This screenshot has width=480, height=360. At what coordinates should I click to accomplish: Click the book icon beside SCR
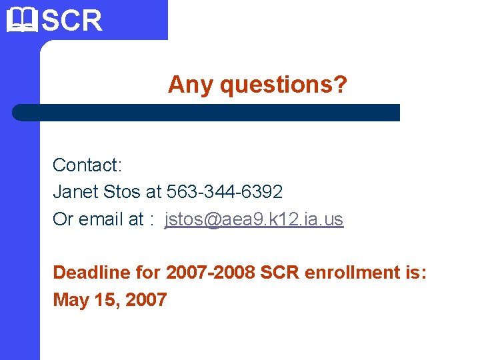[x=22, y=20]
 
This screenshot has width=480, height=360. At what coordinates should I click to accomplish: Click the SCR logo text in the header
[x=72, y=21]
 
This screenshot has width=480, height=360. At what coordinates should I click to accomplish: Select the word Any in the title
[x=191, y=85]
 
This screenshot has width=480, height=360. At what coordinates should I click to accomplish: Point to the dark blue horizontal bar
[x=207, y=112]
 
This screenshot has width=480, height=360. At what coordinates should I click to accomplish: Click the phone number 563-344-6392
[x=225, y=192]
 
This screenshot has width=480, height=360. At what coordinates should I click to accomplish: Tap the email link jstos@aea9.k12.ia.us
[x=254, y=219]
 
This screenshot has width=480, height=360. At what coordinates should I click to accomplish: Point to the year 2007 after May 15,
[x=145, y=300]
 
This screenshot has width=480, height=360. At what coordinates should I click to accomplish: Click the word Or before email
[x=63, y=219]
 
